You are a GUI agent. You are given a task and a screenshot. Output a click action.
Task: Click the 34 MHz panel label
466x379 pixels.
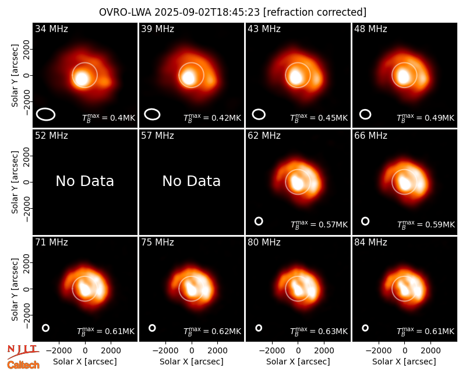(x=51, y=29)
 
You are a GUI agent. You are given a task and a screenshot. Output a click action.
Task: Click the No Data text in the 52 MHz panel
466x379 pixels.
(x=85, y=181)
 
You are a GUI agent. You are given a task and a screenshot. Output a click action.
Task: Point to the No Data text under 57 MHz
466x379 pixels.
(x=192, y=181)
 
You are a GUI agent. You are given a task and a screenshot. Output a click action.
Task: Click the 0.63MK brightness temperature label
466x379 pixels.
(x=319, y=331)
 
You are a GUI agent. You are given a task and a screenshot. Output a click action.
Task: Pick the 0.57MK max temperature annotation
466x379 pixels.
(x=319, y=224)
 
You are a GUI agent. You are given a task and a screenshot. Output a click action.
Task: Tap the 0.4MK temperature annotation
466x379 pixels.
(x=109, y=118)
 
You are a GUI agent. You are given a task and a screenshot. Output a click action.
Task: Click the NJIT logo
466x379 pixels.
(x=23, y=351)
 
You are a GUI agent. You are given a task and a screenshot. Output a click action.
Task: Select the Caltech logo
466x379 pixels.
(x=23, y=365)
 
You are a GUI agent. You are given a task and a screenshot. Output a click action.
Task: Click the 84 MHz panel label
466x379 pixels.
(x=370, y=243)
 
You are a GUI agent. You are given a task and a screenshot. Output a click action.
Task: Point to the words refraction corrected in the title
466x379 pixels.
(x=315, y=12)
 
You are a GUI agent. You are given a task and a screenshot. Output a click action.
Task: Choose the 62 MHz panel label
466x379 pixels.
(x=264, y=136)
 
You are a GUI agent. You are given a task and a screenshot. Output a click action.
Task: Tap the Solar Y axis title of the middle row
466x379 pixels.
(x=15, y=182)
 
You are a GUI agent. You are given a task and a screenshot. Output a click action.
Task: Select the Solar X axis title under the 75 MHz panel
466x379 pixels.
(x=192, y=362)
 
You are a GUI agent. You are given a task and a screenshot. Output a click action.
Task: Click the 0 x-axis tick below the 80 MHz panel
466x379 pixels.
(x=298, y=351)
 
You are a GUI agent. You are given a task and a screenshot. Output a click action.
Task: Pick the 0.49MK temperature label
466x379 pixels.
(x=426, y=118)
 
